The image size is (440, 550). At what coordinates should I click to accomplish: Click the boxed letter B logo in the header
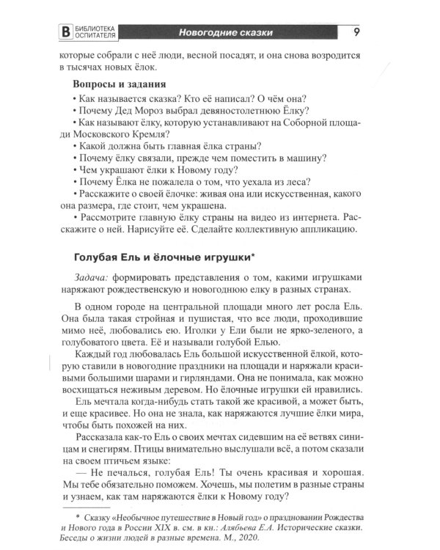coord(68,32)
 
